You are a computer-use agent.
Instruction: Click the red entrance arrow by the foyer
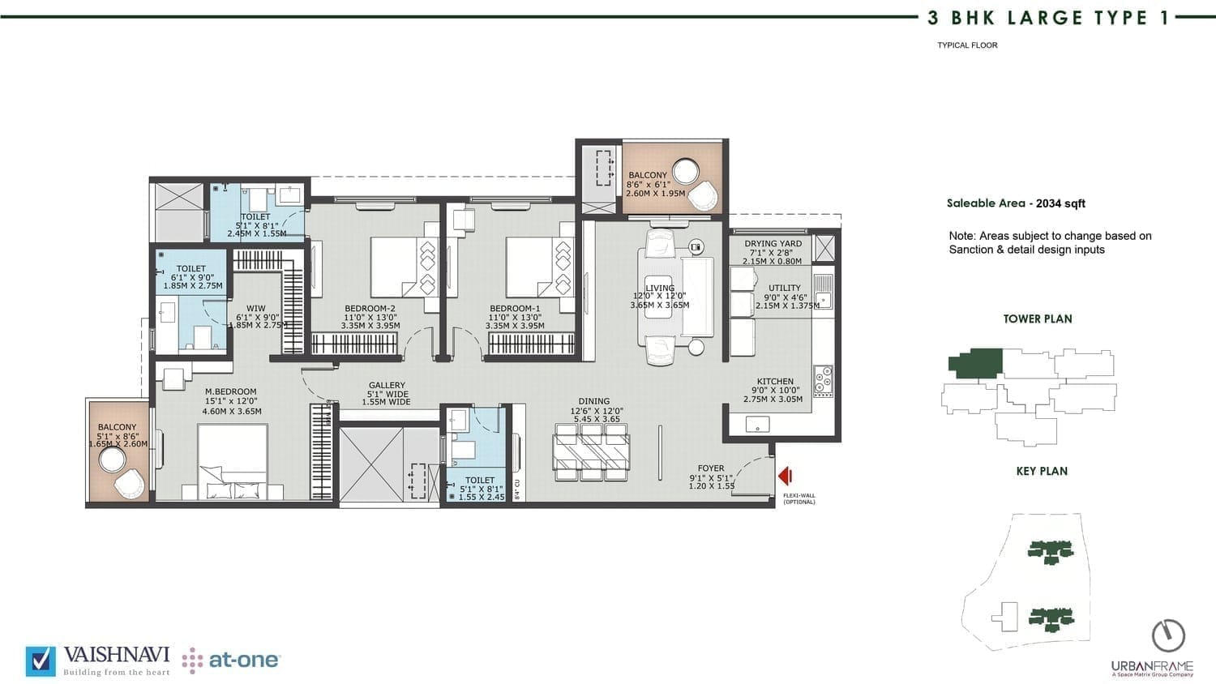pos(785,476)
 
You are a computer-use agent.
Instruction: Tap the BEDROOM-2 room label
pos(370,308)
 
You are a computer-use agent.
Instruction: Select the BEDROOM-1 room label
pos(515,308)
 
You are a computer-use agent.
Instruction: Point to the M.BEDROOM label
pos(231,391)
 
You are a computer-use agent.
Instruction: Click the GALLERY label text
pos(387,385)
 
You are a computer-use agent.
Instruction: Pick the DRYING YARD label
pos(773,243)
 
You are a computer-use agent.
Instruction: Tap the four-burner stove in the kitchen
pos(823,381)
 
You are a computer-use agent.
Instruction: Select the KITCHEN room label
pos(775,381)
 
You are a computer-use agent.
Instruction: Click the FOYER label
pos(711,468)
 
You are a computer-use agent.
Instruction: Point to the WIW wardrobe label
pos(256,308)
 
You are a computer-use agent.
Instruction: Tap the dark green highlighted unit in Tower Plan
pos(975,363)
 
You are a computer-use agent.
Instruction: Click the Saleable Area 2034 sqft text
pos(1016,203)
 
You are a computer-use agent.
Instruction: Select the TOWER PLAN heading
pos(1038,318)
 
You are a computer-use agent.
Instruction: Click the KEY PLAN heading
pos(1042,471)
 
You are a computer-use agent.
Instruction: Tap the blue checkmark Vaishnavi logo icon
pos(41,661)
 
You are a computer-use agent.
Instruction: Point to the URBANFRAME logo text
pos(1152,665)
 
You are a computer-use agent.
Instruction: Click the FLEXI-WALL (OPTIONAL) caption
pos(799,498)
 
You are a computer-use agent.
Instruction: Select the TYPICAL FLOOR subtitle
pos(967,45)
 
